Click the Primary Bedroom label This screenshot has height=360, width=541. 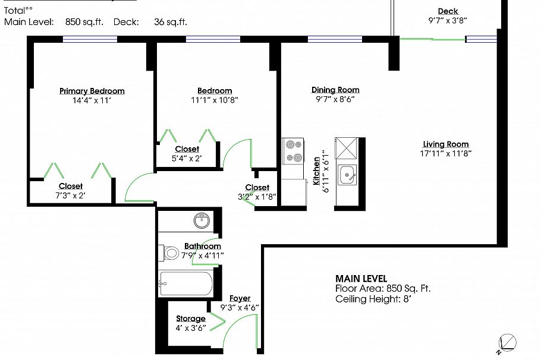coord(92,91)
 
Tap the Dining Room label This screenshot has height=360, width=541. coord(335,90)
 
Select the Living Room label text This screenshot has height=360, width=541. coord(445,144)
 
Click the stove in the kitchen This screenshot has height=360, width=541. coord(292,150)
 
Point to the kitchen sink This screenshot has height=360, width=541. coord(346,175)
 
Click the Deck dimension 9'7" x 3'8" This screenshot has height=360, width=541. coord(448,20)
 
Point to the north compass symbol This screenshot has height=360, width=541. coord(507,342)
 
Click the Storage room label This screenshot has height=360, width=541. coord(190,318)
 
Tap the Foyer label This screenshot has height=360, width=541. coord(240,298)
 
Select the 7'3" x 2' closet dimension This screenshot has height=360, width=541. coord(71,195)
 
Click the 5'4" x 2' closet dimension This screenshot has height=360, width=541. coord(187,158)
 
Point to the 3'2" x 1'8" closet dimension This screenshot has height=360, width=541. coord(257,197)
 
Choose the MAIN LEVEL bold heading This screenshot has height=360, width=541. coord(361,278)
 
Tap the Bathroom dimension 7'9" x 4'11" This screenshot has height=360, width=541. coord(202,255)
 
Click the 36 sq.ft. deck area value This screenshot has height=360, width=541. coord(170,22)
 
